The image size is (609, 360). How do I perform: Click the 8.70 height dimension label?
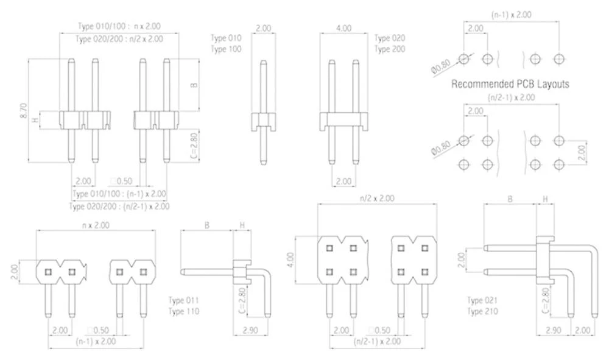click(23, 109)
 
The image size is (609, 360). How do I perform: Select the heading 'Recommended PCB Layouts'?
click(510, 84)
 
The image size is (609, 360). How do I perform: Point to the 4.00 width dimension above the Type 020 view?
click(343, 28)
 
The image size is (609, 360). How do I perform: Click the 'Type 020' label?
click(389, 38)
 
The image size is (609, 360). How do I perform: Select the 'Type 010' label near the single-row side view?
click(226, 38)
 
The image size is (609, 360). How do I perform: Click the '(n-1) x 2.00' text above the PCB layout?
click(510, 13)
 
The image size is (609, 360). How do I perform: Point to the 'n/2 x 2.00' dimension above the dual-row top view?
click(378, 198)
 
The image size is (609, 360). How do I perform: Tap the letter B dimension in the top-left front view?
click(194, 85)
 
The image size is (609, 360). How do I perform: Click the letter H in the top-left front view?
click(35, 119)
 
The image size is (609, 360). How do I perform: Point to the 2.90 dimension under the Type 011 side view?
click(250, 330)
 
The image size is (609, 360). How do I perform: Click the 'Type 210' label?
click(482, 311)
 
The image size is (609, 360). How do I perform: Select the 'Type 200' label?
click(389, 49)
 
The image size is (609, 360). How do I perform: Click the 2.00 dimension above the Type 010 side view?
click(263, 28)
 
